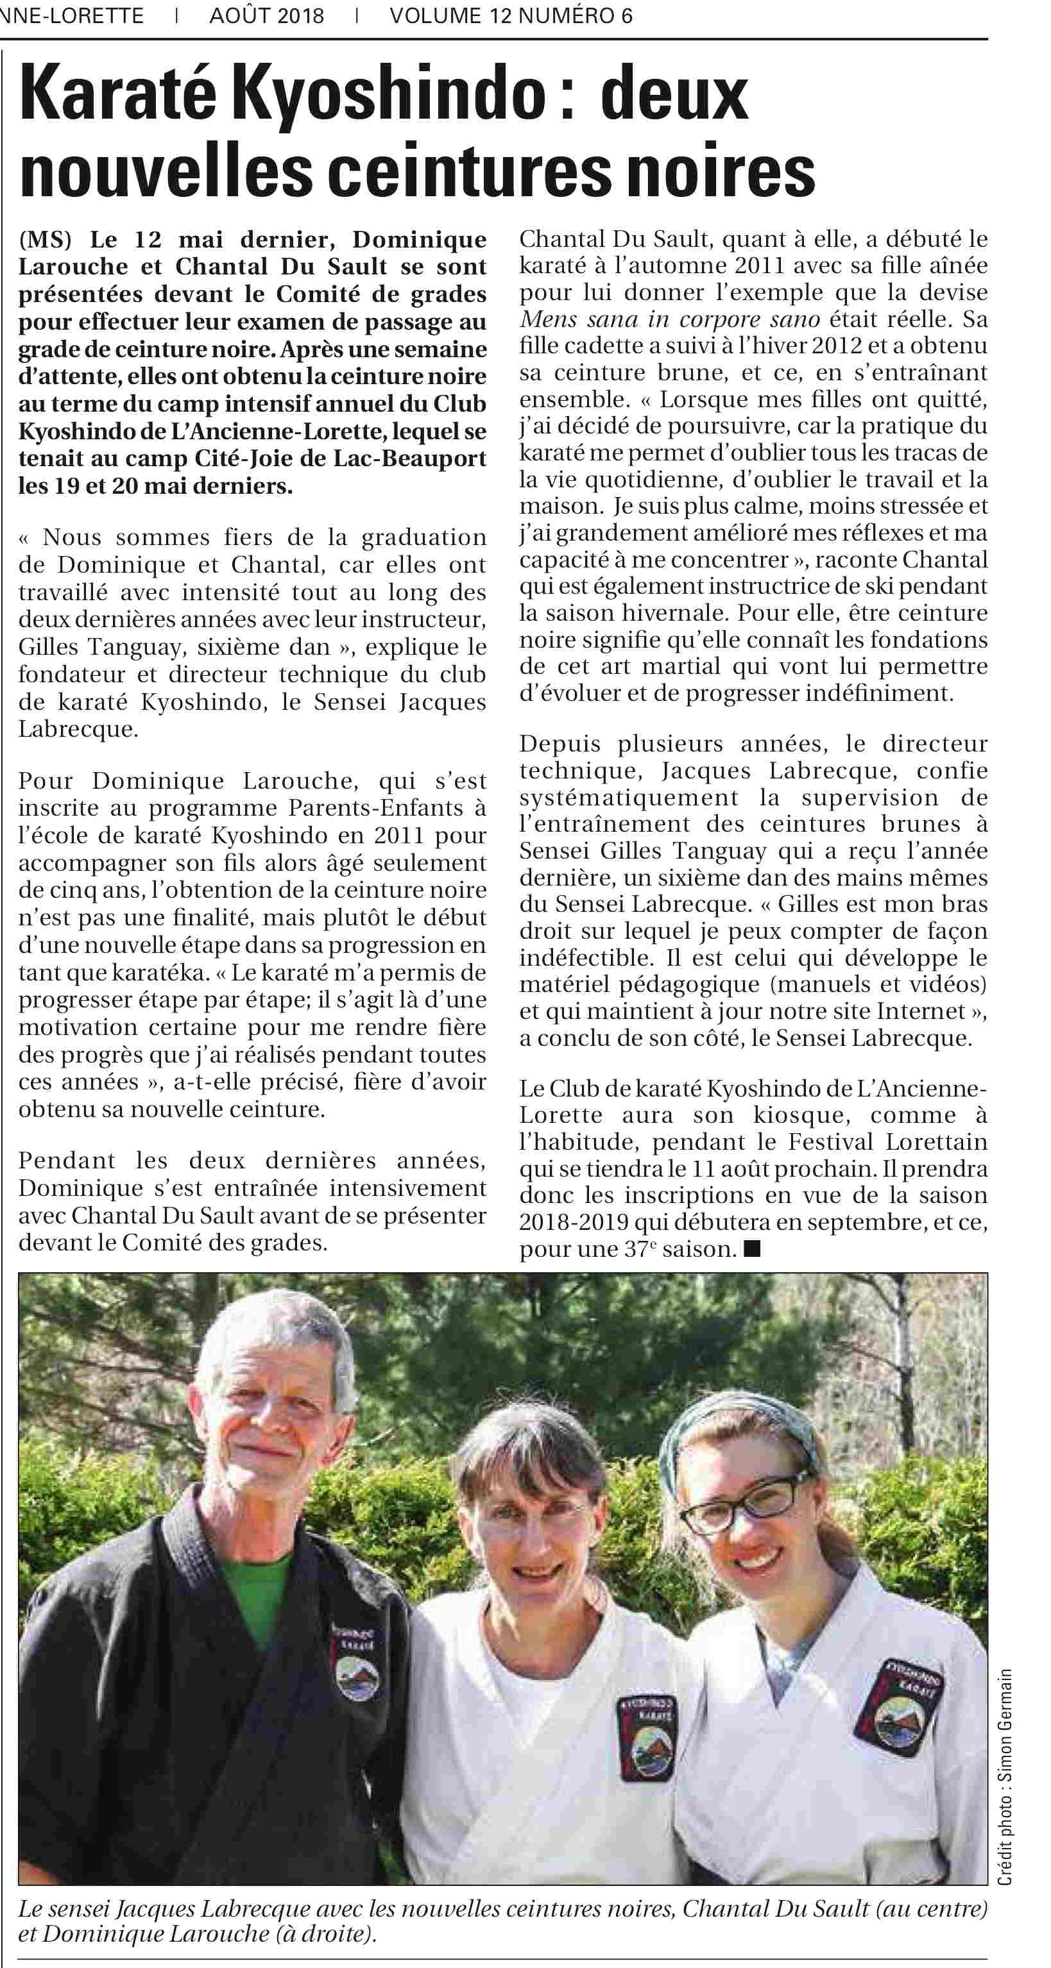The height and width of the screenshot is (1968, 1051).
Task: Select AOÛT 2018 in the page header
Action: (x=267, y=16)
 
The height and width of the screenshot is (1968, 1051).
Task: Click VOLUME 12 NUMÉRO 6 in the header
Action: (x=511, y=16)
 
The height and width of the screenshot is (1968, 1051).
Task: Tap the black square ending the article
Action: (x=752, y=1249)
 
